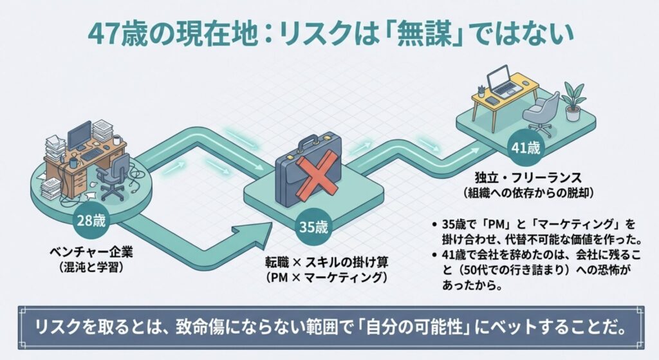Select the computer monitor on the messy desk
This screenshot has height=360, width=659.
(x=79, y=133)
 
